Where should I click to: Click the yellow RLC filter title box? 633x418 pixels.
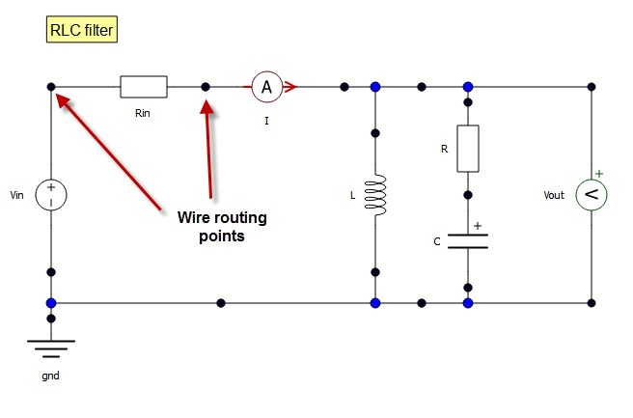[83, 31]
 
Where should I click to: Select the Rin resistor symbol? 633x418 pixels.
[144, 87]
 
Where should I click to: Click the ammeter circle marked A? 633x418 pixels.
[267, 87]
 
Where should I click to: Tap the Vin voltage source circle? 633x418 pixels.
[51, 195]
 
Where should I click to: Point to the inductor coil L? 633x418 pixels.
[375, 196]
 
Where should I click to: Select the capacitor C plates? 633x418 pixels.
[468, 240]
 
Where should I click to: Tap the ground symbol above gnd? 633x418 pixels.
[51, 347]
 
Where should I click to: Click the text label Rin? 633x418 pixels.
[144, 112]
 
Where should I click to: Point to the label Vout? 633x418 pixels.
[555, 196]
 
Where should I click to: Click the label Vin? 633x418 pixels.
[16, 196]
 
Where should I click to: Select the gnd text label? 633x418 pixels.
[51, 376]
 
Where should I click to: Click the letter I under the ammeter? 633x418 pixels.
[266, 122]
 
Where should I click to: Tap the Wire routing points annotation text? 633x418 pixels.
[223, 227]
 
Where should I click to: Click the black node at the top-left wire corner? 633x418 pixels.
[51, 87]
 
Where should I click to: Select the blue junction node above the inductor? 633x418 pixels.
[375, 87]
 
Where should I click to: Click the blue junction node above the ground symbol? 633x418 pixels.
[51, 303]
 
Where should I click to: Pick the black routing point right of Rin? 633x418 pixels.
[206, 87]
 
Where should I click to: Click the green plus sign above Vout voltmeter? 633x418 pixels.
[598, 175]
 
